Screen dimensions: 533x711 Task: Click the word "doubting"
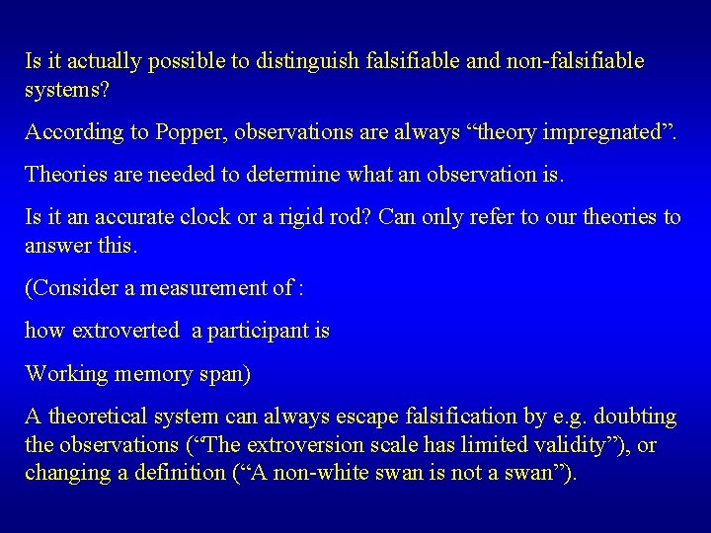coord(637,419)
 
